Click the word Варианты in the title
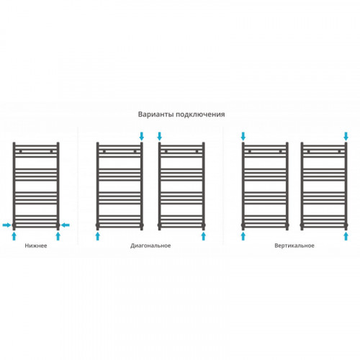click(156, 114)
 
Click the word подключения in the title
click(200, 114)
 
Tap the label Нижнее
click(36, 246)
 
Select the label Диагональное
click(150, 246)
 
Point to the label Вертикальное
click(294, 246)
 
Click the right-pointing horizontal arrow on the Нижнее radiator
click(6, 225)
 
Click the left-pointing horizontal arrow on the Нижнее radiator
click(65, 225)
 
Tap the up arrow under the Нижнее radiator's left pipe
click(14, 236)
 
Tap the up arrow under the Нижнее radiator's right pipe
click(58, 236)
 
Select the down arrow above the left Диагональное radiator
click(142, 136)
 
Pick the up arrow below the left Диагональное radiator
click(97, 236)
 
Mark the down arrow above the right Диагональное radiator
click(159, 136)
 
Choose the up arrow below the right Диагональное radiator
click(204, 236)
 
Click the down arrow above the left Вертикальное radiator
click(243, 136)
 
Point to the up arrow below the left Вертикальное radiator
click(243, 236)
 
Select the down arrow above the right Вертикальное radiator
click(346, 136)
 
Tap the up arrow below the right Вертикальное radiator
click(346, 236)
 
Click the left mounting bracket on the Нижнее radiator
click(21, 151)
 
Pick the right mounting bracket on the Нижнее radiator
click(51, 151)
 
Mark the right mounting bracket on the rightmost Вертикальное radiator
click(339, 151)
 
